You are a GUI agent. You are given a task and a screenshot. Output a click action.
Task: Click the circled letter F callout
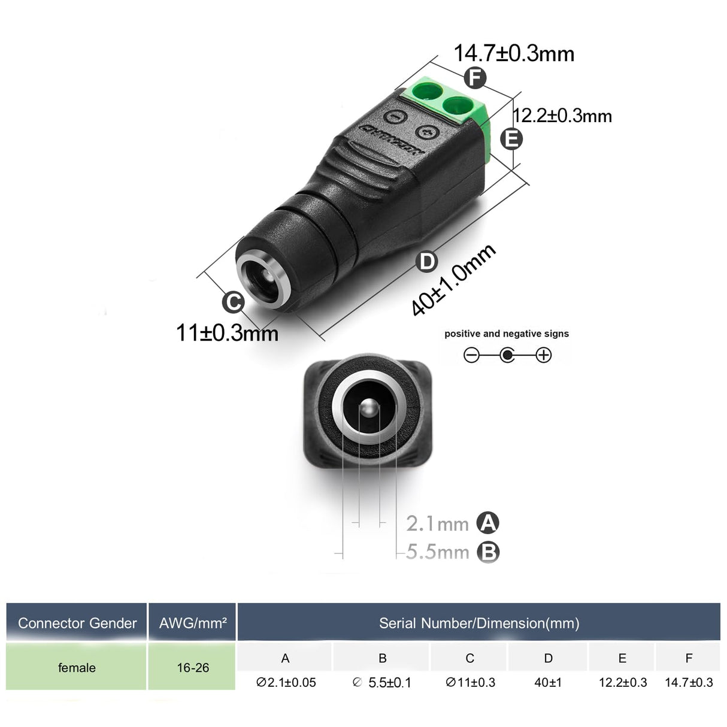(x=475, y=78)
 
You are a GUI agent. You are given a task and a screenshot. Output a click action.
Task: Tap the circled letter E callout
(x=511, y=139)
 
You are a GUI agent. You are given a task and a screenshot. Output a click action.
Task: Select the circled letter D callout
(x=427, y=262)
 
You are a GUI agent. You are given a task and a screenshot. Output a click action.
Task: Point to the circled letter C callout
(x=233, y=302)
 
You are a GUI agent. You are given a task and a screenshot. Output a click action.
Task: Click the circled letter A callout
(x=488, y=523)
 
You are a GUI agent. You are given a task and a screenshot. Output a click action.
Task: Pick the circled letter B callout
(x=488, y=552)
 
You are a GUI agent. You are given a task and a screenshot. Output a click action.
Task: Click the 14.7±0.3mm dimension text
(x=514, y=53)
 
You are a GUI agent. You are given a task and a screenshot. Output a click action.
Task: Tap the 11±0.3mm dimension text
(x=227, y=332)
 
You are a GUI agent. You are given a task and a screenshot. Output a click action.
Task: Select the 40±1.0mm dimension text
(x=453, y=279)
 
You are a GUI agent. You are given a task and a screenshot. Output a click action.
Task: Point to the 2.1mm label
(x=437, y=524)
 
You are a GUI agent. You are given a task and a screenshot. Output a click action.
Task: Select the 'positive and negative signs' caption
(x=507, y=334)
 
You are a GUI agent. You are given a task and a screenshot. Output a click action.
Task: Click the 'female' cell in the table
(x=77, y=668)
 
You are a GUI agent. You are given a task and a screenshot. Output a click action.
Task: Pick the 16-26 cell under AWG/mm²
(x=193, y=668)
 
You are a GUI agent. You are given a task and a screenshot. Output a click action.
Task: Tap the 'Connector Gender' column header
(x=77, y=623)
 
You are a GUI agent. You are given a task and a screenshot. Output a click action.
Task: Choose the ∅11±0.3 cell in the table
(x=470, y=682)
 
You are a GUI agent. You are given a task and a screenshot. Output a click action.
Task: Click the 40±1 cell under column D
(x=548, y=682)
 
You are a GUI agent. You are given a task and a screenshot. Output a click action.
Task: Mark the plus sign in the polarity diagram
(x=543, y=355)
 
